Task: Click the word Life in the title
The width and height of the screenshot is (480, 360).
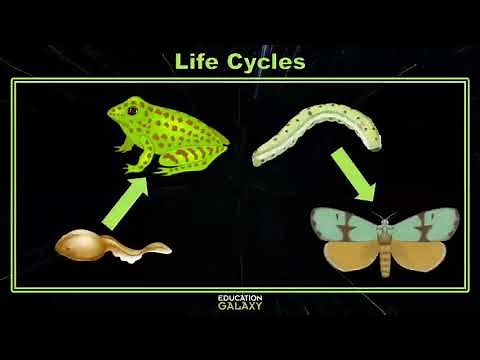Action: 196,61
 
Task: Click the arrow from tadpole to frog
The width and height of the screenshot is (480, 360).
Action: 123,200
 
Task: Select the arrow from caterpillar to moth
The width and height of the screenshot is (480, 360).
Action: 354,174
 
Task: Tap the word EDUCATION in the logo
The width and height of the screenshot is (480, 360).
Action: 240,297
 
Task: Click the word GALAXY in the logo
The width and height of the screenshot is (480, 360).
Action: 240,307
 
